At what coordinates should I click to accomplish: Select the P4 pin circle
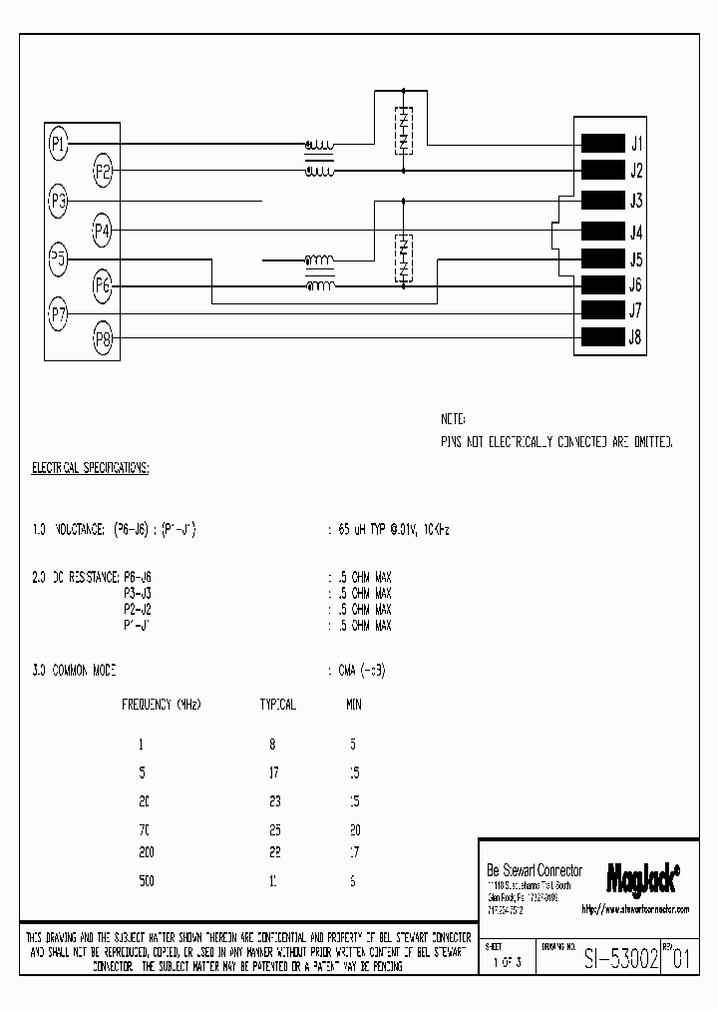coord(102,231)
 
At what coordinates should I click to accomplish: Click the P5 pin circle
coord(58,259)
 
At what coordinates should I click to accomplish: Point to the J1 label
coord(636,143)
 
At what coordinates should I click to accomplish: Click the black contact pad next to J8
coord(601,337)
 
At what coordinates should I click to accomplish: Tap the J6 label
coord(636,285)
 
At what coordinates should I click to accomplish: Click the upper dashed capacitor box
coord(403,129)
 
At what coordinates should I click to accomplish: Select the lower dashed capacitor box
coord(403,258)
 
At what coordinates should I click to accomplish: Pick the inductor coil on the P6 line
coord(319,287)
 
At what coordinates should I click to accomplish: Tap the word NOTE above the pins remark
coord(453,419)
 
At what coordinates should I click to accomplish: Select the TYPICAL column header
coord(277,705)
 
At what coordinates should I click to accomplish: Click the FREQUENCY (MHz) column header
coord(162,705)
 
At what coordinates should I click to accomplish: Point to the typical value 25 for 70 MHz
coord(274,829)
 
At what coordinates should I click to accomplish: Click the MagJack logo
coord(643,876)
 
